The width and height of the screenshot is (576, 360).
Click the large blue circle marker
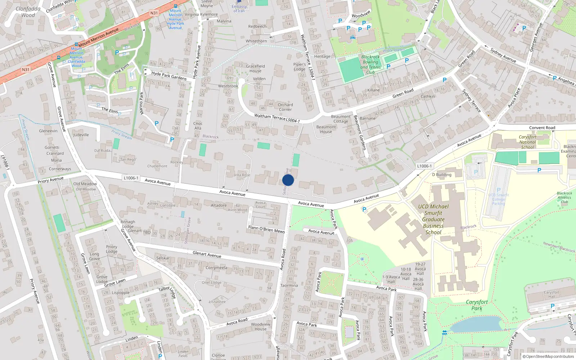pos(288,180)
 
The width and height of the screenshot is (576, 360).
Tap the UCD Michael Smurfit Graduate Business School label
pos(433,219)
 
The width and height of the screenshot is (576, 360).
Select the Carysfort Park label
pos(477,305)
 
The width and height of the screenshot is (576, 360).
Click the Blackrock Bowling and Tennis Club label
pos(370,64)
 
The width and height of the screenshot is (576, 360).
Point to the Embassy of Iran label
pos(239,9)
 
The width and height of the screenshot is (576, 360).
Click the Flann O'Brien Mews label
pos(266,229)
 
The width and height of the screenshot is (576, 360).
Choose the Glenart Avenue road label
pos(207,254)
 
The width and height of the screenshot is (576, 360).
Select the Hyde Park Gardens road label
pos(169,76)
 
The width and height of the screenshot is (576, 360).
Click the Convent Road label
pos(542,128)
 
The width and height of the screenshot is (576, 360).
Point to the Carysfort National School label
pos(527,142)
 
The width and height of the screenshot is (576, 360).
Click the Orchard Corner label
pos(285,107)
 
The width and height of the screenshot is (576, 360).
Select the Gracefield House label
pos(255,68)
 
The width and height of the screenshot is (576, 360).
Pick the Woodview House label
pos(261,327)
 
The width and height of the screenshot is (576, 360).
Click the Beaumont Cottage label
pos(341,119)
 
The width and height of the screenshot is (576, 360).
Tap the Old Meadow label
pos(85,184)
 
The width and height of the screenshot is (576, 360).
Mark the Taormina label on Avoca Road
pos(289,285)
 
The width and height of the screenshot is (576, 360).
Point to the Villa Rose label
pos(242,175)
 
